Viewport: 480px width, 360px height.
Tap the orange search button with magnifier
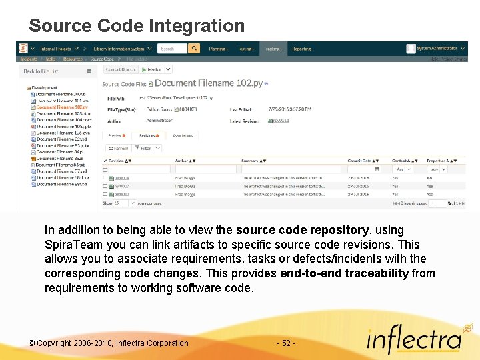pos(194,49)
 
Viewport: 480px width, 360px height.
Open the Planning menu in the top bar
pos(218,49)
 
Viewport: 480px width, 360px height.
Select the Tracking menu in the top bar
pos(273,49)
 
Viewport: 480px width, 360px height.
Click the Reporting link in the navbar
pos(301,49)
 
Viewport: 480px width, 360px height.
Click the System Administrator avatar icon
pos(411,49)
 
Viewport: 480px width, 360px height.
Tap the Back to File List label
pos(41,71)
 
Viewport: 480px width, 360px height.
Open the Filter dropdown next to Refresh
pos(146,148)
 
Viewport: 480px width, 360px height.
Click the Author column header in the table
pos(182,161)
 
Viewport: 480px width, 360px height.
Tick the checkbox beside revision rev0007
pos(105,187)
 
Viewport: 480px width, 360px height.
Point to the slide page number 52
pos(285,343)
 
